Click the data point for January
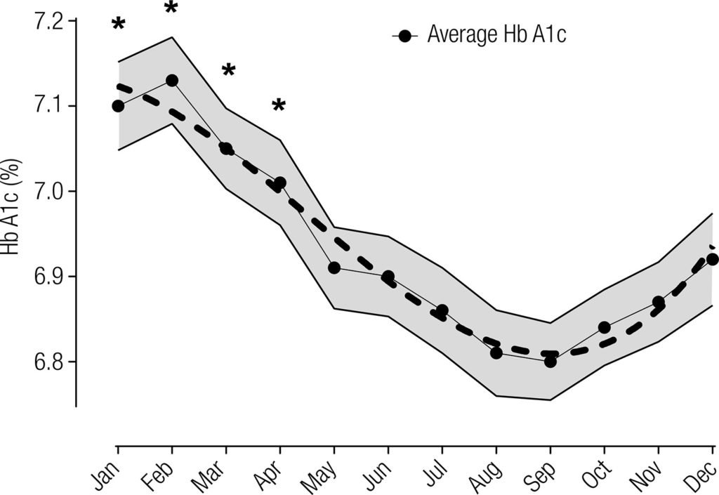point(118,106)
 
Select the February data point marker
point(172,81)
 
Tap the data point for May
point(334,268)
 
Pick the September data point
point(550,362)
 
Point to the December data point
point(712,259)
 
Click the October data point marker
point(604,327)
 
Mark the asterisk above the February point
point(171,9)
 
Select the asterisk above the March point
point(228,71)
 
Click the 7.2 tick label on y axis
point(54,22)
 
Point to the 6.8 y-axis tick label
point(54,362)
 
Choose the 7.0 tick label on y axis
point(54,192)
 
